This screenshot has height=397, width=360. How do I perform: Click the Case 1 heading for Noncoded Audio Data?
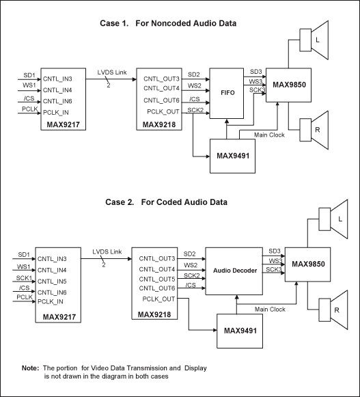tap(168, 23)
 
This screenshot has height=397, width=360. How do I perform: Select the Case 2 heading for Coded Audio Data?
tap(167, 202)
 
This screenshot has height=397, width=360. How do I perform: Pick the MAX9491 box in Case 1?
tap(231, 156)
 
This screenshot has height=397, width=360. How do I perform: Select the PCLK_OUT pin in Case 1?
tap(162, 111)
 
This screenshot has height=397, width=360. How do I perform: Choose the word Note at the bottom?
tap(30, 368)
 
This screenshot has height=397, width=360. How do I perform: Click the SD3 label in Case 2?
tap(275, 251)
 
